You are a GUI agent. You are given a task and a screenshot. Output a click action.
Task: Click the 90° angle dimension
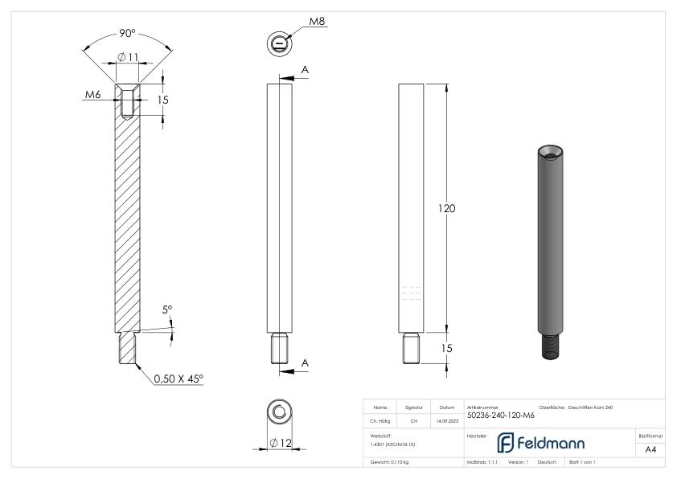pyautogui.click(x=127, y=35)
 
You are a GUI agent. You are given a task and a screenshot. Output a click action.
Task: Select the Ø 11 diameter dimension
pyautogui.click(x=127, y=56)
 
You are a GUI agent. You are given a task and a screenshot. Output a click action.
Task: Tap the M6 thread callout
pyautogui.click(x=93, y=96)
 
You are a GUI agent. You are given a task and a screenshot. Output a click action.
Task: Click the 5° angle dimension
pyautogui.click(x=168, y=309)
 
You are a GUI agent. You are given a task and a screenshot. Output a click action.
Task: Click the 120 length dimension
pyautogui.click(x=446, y=208)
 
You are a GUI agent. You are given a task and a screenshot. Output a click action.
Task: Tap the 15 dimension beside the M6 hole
pyautogui.click(x=163, y=100)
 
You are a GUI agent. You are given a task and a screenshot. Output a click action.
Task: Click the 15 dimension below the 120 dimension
pyautogui.click(x=446, y=348)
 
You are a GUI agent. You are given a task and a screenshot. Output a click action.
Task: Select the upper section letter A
pyautogui.click(x=305, y=70)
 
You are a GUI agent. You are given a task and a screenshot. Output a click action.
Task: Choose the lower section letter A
pyautogui.click(x=305, y=362)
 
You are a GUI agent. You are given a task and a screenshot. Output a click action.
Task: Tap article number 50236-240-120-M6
pyautogui.click(x=499, y=416)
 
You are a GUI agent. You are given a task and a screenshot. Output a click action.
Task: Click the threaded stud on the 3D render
pyautogui.click(x=551, y=346)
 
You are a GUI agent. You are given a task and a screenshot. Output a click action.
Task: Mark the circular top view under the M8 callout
pyautogui.click(x=278, y=43)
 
